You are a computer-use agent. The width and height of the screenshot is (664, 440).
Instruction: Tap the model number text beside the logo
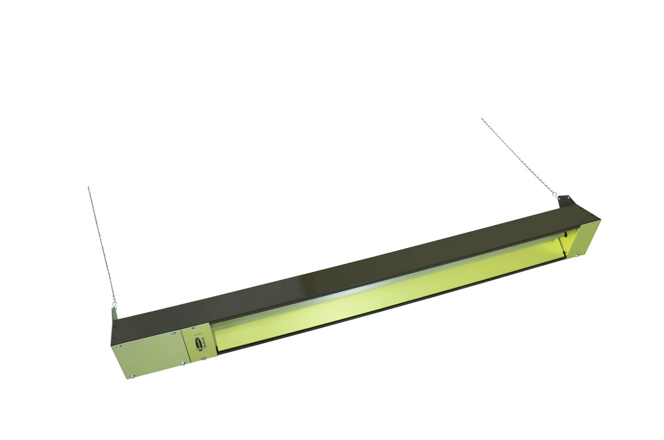(204, 342)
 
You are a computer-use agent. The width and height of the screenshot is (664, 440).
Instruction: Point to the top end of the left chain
(89, 187)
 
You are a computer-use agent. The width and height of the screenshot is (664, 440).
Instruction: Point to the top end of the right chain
(482, 119)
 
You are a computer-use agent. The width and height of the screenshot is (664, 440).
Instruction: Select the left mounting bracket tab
(115, 315)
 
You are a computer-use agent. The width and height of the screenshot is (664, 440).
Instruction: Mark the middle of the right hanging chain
(518, 157)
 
